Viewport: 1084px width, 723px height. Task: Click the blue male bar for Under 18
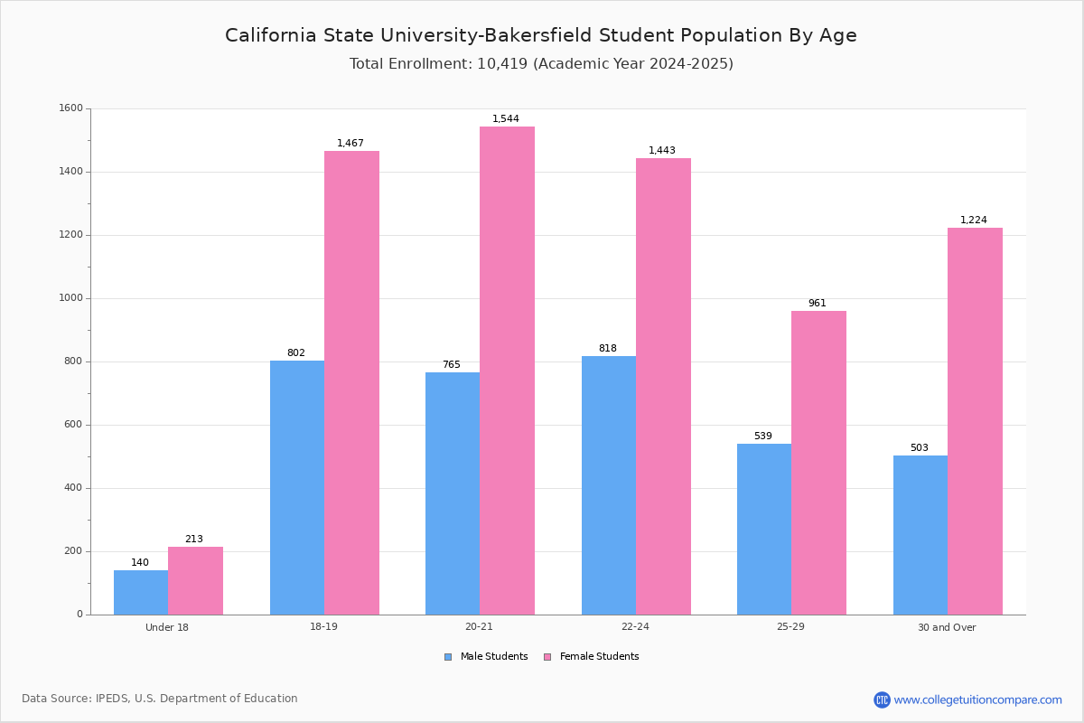click(141, 592)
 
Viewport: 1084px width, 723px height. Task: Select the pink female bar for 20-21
click(507, 371)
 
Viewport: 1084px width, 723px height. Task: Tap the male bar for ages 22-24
click(609, 485)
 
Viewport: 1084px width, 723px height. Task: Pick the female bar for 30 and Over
click(975, 421)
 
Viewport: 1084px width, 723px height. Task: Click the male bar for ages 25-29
click(764, 529)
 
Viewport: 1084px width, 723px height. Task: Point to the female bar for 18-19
click(351, 382)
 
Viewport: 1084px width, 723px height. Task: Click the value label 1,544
click(506, 119)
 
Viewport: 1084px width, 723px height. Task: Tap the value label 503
click(919, 448)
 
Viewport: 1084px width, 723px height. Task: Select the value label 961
click(817, 304)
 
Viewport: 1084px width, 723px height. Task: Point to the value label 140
click(140, 563)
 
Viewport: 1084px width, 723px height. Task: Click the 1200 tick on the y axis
click(72, 235)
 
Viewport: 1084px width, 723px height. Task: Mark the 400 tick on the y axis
click(72, 488)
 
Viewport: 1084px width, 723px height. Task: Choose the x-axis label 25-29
click(790, 627)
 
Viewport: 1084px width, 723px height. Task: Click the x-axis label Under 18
click(167, 627)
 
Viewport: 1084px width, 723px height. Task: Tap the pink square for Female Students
click(547, 657)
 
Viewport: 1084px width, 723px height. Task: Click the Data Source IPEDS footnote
click(160, 699)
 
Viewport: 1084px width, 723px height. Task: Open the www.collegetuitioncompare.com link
click(977, 700)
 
